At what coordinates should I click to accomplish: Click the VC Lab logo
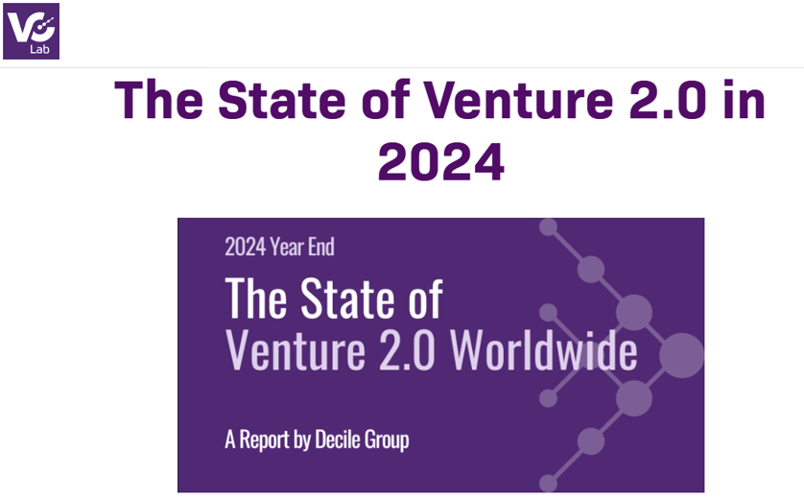coord(32,31)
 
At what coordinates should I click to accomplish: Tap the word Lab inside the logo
coord(39,50)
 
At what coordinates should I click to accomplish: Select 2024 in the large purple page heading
coord(441,162)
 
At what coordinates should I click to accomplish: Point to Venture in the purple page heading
coord(518,100)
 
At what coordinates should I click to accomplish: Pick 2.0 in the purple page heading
coord(668,100)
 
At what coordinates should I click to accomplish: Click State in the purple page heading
coord(282,100)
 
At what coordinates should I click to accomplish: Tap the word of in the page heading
coord(386,100)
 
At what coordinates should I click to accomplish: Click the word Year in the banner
coord(287,248)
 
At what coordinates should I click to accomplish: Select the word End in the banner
coord(321,248)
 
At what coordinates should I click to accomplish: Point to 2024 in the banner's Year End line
coord(246,248)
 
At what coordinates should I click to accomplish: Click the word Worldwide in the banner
coord(544,349)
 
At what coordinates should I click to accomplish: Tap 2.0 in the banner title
coord(407,350)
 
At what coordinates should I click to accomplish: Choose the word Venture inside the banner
coord(296,350)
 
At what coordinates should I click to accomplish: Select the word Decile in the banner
coord(336,440)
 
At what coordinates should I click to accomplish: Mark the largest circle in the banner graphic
coord(681,355)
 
